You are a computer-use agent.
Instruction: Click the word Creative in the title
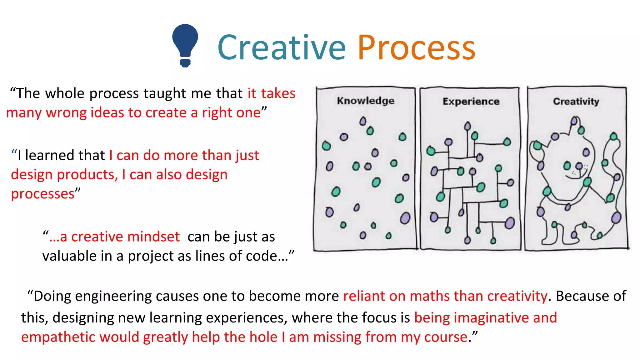click(x=281, y=47)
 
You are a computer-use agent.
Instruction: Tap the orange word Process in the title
click(x=416, y=47)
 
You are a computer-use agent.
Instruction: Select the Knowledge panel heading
click(x=366, y=101)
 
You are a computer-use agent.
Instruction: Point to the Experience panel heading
click(x=471, y=101)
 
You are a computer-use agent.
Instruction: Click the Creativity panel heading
click(x=576, y=101)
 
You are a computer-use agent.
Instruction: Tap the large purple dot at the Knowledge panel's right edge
click(x=405, y=218)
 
